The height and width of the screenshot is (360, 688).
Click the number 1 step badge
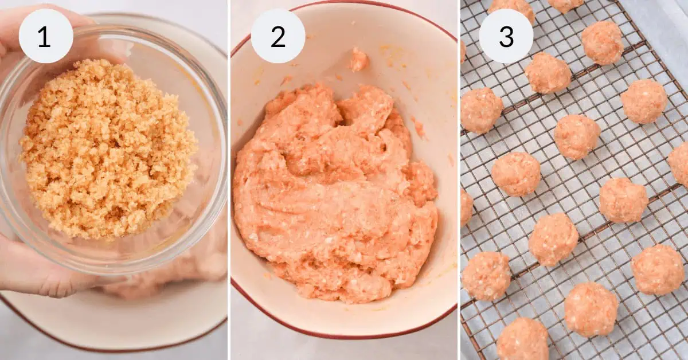click(46, 36)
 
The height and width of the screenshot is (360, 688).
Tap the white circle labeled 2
click(278, 36)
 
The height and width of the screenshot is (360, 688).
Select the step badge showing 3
click(506, 36)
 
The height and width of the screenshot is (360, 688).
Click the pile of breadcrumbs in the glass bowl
click(106, 149)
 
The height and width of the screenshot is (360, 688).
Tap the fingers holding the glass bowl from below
click(34, 269)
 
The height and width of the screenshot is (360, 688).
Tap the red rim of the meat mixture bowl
click(344, 337)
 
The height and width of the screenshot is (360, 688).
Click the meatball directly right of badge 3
click(601, 42)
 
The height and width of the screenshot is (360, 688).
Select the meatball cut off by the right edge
click(680, 163)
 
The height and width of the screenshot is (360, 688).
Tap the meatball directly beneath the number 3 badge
click(481, 110)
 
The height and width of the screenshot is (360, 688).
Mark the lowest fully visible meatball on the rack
click(591, 309)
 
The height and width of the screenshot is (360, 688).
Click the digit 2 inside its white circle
click(278, 37)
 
